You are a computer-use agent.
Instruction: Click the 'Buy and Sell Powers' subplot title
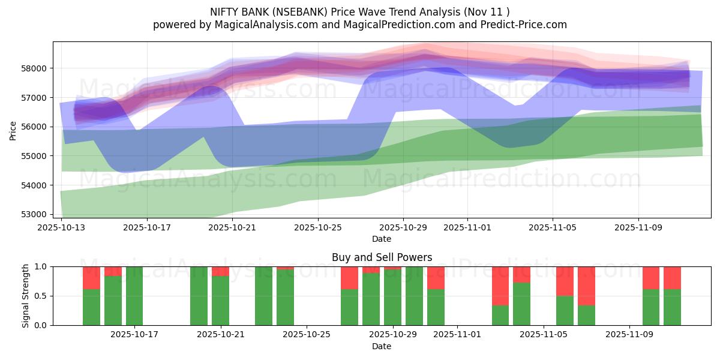(382, 257)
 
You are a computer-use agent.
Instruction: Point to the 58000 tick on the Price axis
(34, 68)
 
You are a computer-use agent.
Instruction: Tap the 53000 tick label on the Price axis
(34, 214)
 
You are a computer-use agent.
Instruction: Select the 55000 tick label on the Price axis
(34, 156)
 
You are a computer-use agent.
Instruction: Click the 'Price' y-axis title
(13, 130)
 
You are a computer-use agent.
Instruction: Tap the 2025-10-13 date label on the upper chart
(62, 228)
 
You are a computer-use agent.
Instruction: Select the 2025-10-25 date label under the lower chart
(307, 335)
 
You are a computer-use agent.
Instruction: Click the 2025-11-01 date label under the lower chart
(457, 335)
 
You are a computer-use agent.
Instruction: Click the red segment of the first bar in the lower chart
(91, 278)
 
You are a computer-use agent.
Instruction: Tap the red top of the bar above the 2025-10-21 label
(220, 271)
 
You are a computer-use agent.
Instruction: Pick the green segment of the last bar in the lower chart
(672, 307)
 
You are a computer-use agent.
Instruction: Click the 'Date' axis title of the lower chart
(382, 346)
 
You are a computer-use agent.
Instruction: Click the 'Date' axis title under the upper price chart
(382, 239)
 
